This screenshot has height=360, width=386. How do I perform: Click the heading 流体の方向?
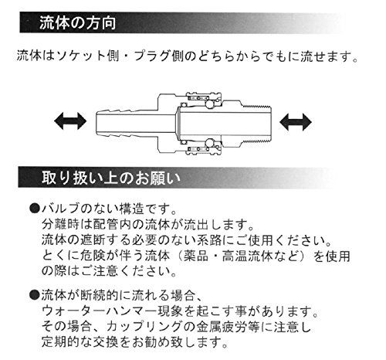pyautogui.click(x=77, y=23)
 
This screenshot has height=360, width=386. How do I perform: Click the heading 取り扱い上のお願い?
pyautogui.click(x=111, y=178)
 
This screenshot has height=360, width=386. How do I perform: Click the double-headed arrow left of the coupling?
pyautogui.click(x=70, y=121)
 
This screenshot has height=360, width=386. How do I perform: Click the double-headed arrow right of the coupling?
pyautogui.click(x=296, y=122)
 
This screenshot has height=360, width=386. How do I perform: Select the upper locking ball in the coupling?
pyautogui.click(x=209, y=104)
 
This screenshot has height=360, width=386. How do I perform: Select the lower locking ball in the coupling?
pyautogui.click(x=209, y=142)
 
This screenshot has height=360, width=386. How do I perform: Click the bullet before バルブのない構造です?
pyautogui.click(x=35, y=208)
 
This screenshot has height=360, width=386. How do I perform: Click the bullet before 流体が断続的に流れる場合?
pyautogui.click(x=35, y=295)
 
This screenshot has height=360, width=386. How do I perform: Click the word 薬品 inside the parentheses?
pyautogui.click(x=196, y=256)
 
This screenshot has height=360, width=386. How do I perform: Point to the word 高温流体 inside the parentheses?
pyautogui.click(x=247, y=256)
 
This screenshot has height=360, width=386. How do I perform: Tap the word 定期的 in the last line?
pyautogui.click(x=61, y=342)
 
